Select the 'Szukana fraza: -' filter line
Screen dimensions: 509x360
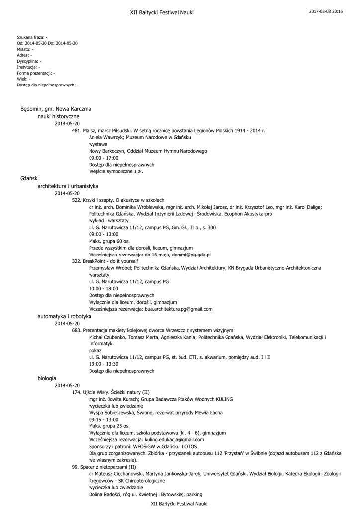point(32,37)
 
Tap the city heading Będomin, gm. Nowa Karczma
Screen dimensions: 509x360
point(56,108)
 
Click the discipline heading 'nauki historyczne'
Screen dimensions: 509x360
point(59,116)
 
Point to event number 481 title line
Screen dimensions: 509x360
point(169,130)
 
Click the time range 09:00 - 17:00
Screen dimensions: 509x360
point(104,158)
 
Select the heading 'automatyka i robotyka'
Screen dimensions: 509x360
point(65,316)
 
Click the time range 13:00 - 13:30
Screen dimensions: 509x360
point(104,364)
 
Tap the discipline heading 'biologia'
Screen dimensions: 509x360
point(47,378)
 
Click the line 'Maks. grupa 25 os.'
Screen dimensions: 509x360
point(109,426)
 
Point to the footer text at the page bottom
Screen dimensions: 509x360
point(179,504)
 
